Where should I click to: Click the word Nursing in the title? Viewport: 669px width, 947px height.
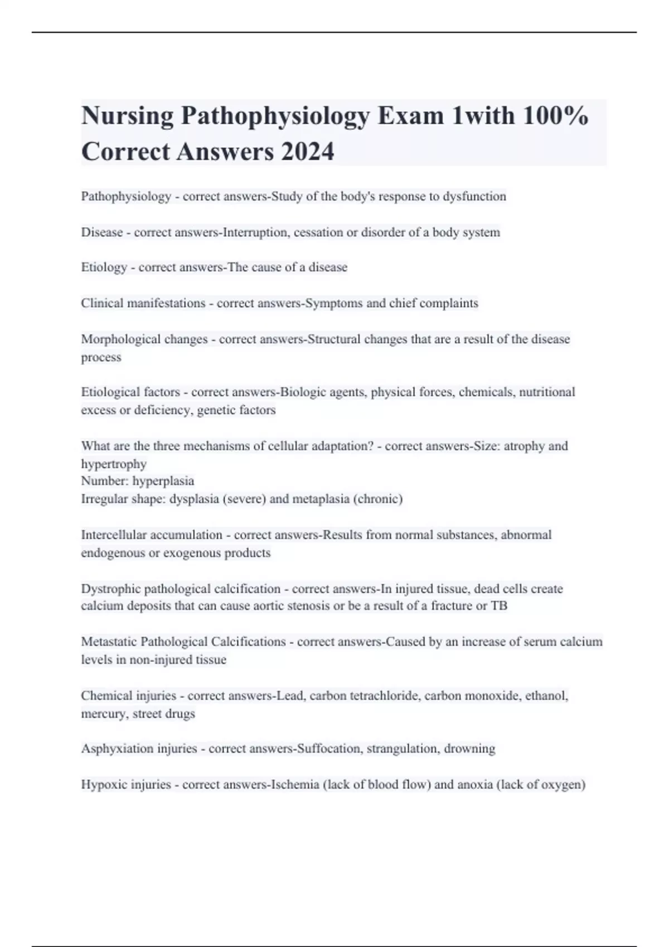[127, 116]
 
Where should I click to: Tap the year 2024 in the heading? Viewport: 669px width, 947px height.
[308, 152]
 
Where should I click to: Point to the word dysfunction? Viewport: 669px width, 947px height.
[474, 197]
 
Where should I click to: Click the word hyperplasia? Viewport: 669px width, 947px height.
[163, 481]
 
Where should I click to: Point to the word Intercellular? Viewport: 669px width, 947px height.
[114, 535]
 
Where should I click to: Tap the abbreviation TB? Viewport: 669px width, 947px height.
[499, 606]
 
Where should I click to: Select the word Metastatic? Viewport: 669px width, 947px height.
[109, 642]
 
